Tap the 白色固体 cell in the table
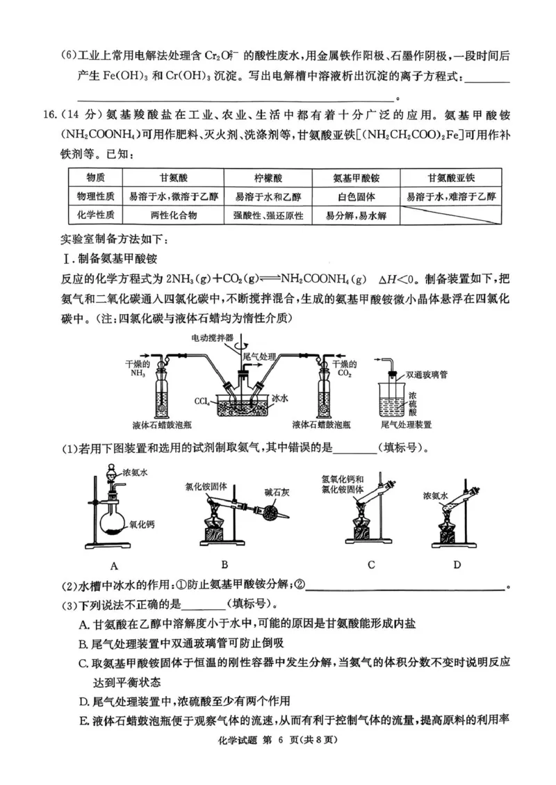click(x=355, y=197)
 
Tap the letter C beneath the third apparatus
click(x=371, y=564)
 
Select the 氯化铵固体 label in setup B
click(x=206, y=487)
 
